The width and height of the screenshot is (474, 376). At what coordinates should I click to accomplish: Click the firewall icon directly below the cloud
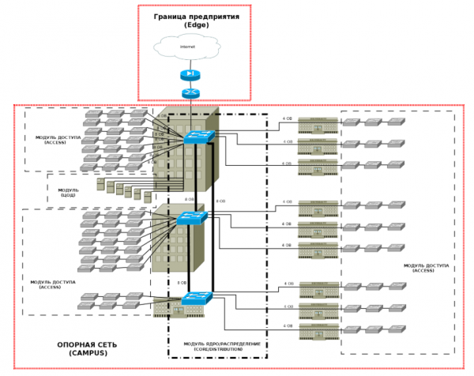190,75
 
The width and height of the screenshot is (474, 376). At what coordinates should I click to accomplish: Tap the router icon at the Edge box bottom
190,92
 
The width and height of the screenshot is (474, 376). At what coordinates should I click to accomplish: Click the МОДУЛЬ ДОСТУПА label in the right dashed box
426,268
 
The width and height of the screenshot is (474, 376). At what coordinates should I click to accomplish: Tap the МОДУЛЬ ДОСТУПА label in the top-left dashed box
56,140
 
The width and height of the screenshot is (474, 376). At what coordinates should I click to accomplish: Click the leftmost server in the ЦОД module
100,183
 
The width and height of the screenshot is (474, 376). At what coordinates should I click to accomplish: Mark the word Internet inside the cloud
187,47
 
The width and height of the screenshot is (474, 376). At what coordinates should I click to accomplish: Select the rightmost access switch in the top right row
394,122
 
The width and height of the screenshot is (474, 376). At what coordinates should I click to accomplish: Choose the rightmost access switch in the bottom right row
394,326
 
